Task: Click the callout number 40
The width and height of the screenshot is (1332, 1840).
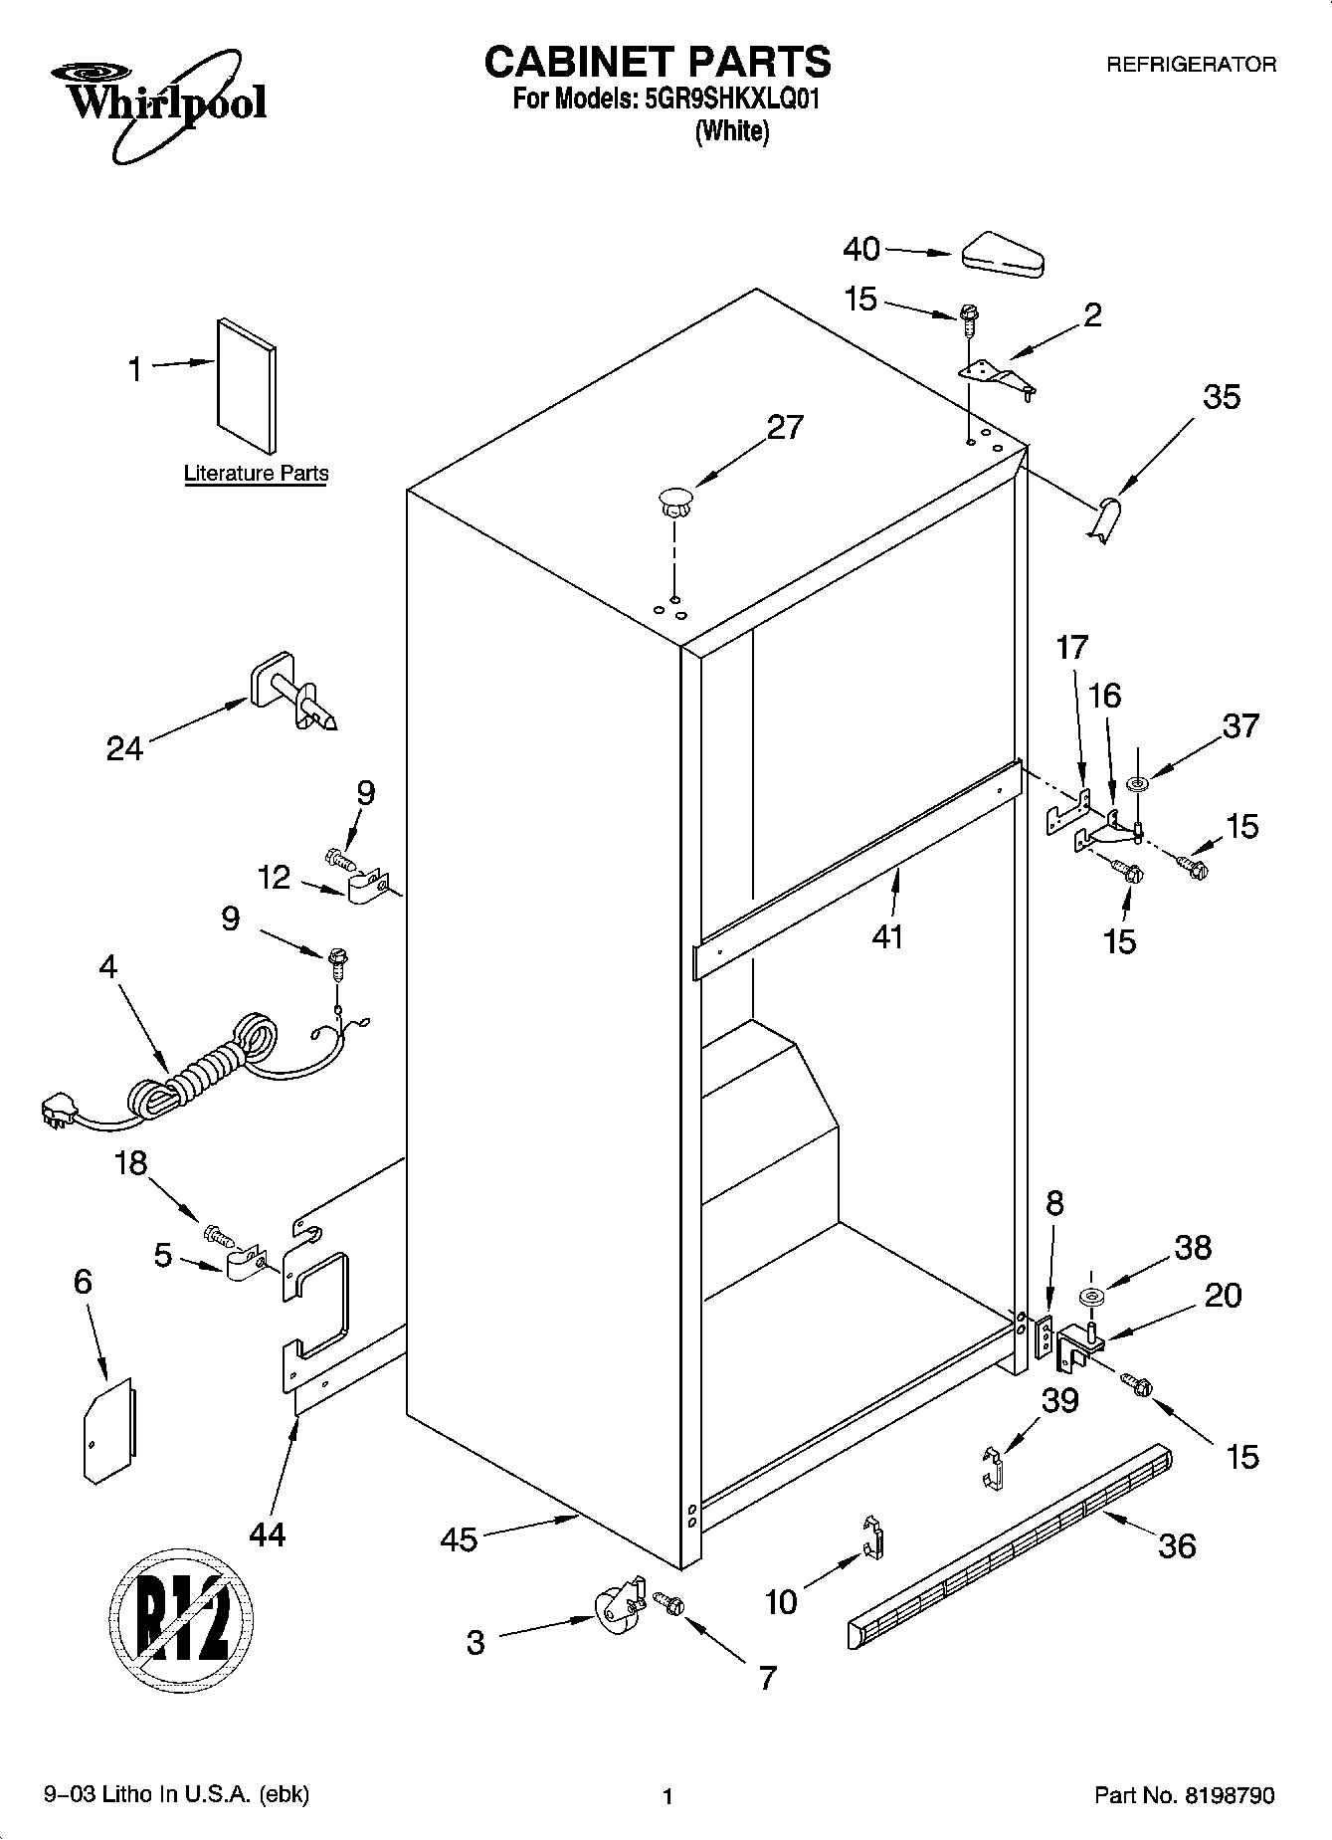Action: click(x=861, y=249)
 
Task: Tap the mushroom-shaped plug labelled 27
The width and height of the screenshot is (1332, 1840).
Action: click(x=673, y=500)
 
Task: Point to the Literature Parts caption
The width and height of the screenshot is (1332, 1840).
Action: click(x=256, y=475)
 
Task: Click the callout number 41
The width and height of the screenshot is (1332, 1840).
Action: click(x=887, y=936)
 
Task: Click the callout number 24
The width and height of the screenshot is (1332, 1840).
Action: click(x=125, y=747)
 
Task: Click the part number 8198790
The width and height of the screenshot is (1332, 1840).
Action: click(x=1229, y=1796)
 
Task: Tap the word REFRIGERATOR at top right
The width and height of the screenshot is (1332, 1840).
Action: click(x=1191, y=65)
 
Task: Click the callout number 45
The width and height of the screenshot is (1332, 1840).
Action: click(x=459, y=1539)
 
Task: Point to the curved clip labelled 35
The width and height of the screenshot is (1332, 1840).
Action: click(x=1104, y=520)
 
